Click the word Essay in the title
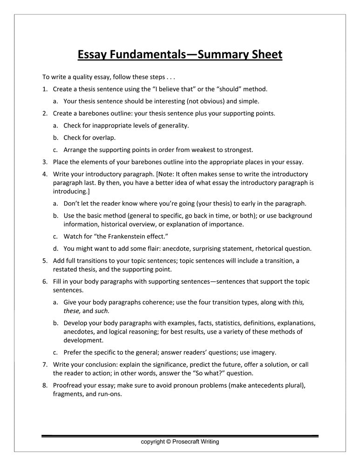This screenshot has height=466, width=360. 92,55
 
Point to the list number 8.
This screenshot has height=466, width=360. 45,385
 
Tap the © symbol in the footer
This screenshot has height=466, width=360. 168,442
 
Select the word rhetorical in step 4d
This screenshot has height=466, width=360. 268,248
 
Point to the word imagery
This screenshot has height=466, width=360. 265,352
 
